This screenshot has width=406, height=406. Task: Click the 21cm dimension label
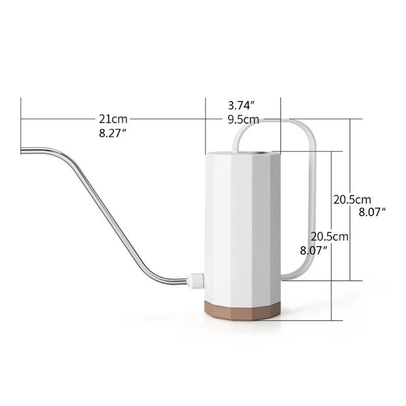tap(113, 119)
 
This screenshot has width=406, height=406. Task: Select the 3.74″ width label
tap(241, 106)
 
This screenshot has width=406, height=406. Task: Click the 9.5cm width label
tap(244, 120)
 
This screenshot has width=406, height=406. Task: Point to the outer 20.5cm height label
tap(352, 199)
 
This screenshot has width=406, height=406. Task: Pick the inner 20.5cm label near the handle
tap(330, 236)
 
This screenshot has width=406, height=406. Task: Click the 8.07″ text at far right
tap(373, 213)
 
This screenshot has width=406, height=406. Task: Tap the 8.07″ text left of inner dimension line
tap(313, 250)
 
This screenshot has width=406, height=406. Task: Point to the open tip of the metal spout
tap(22, 150)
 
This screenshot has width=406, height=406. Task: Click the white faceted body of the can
tap(243, 223)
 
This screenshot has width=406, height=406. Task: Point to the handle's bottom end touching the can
tap(284, 277)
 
